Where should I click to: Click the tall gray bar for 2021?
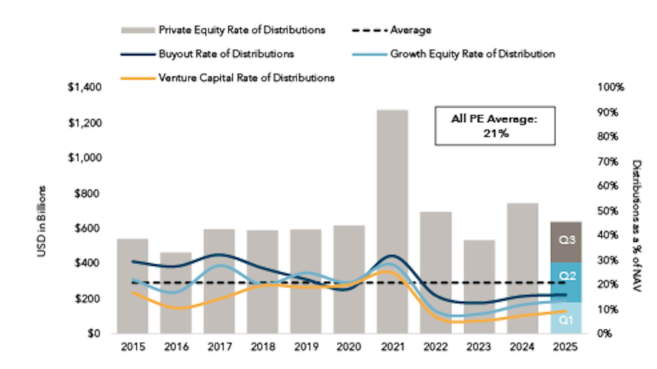[392, 192]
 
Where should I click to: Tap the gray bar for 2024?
[523, 250]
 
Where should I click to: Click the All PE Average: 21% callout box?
[495, 126]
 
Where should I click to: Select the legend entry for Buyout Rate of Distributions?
[226, 54]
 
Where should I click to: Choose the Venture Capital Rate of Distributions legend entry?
[246, 78]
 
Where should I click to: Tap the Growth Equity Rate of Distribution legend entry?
[472, 54]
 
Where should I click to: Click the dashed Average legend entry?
[410, 30]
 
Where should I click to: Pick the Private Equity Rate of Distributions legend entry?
[242, 30]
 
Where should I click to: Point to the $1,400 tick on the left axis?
[85, 87]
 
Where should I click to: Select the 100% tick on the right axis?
[610, 87]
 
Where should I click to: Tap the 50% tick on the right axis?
[607, 211]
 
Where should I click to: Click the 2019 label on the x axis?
[306, 347]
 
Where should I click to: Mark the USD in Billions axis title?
[42, 221]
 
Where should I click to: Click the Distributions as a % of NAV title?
[636, 226]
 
